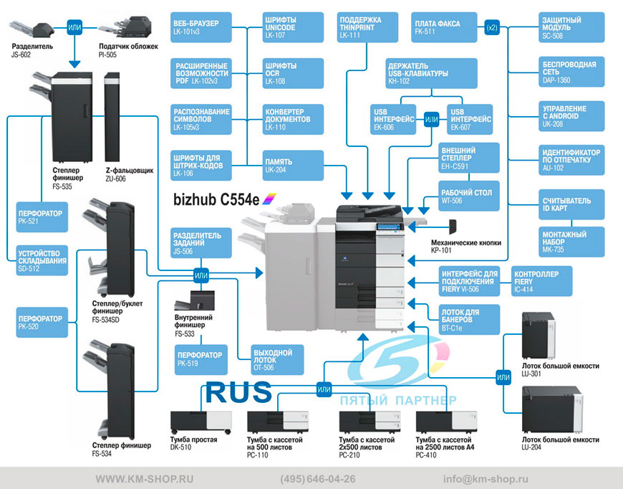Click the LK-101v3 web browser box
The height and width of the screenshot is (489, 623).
201,27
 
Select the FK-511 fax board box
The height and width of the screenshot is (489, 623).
444,27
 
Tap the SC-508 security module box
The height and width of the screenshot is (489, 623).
571,27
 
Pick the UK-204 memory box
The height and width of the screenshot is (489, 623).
293,166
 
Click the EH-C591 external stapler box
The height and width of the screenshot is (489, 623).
469,158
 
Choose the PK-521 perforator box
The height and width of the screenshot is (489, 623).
42,217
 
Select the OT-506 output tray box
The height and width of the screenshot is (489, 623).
277,360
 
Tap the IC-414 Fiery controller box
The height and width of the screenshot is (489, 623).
541,281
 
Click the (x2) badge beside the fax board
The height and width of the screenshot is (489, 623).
492,27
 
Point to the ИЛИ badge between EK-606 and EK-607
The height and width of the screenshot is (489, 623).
432,119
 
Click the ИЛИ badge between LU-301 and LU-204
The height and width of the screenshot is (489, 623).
503,377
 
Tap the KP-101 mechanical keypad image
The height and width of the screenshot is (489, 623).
453,227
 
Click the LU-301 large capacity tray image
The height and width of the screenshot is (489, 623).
539,336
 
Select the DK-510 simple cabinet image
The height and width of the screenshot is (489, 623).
201,422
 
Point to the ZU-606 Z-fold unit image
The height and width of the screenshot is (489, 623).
112,117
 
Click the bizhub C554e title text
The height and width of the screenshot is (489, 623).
216,199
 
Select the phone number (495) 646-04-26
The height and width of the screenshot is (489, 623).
318,479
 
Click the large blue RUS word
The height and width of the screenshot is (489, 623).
238,392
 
